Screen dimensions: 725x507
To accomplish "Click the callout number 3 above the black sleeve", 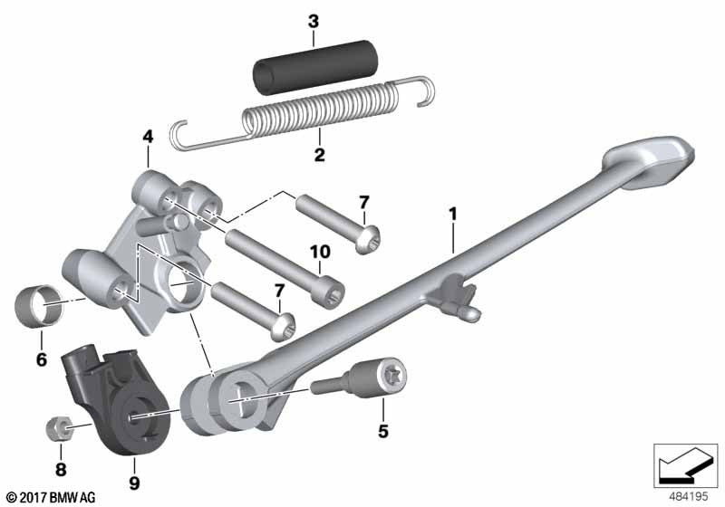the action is (x=314, y=22).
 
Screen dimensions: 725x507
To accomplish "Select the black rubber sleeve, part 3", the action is (x=316, y=67).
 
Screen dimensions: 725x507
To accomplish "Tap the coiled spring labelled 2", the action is (x=302, y=113).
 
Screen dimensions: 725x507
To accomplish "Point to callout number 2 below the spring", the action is (x=320, y=155).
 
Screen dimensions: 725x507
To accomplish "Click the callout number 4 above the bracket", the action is (x=148, y=137).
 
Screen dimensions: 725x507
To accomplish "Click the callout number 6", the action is (x=42, y=359).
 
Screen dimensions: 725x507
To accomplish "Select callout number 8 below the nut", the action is (x=61, y=470).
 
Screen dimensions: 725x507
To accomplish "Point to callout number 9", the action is (x=134, y=483).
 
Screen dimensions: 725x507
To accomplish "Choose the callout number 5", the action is (x=382, y=431).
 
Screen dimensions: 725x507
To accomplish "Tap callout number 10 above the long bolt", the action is (x=321, y=252).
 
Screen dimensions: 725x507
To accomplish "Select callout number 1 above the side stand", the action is (x=452, y=214).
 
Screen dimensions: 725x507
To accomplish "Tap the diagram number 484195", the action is (x=689, y=497).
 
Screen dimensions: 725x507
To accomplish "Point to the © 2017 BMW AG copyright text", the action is (x=52, y=497).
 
